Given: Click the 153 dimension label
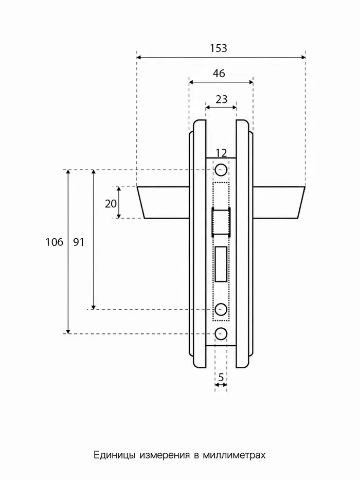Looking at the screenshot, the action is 218,48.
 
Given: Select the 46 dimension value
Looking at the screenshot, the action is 219,74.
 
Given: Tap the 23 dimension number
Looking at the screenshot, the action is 221,99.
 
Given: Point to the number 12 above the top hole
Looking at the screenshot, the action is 221,153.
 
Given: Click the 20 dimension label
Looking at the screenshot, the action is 111,204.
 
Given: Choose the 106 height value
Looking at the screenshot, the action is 54,242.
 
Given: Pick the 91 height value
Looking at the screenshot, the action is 78,242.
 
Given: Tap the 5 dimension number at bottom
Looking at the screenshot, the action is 221,378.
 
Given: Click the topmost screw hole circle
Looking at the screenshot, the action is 221,170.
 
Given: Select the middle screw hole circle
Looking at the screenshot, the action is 221,309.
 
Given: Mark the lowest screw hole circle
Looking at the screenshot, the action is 221,334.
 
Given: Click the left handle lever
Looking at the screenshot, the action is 163,202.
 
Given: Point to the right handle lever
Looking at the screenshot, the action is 279,202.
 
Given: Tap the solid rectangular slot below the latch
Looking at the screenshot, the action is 221,264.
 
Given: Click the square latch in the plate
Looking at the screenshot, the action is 221,222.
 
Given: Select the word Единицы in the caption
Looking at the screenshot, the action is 114,455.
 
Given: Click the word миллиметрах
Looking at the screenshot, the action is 234,455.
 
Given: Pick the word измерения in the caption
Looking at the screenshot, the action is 165,455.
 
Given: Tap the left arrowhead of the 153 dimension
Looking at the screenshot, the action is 139,57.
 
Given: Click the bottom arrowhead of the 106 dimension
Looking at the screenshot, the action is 68,331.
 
